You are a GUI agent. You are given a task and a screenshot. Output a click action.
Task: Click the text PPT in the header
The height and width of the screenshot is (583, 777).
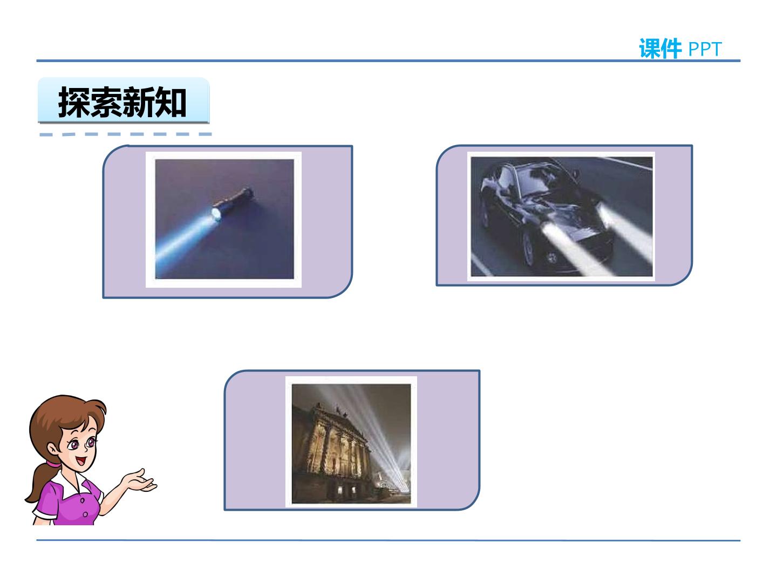(x=705, y=49)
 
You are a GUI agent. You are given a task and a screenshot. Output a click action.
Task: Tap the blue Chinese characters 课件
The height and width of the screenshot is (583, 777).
(x=660, y=49)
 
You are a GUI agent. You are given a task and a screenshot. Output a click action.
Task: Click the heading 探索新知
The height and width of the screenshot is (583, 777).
(x=122, y=102)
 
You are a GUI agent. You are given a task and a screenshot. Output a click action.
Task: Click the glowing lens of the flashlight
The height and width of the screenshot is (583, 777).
(x=216, y=214)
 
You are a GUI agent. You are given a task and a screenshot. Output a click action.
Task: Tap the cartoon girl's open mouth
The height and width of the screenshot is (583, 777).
(x=81, y=461)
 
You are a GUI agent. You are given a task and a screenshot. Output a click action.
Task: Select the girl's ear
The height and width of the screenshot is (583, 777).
(x=53, y=449)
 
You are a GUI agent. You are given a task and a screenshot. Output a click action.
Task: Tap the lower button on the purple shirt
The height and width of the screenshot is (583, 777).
(x=85, y=514)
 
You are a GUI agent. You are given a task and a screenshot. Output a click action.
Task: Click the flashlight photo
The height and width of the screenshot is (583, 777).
(x=224, y=220)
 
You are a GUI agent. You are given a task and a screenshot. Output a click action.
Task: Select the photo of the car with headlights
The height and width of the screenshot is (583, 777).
(x=561, y=216)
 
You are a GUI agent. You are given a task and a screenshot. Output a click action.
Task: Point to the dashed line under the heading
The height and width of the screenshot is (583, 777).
(x=126, y=134)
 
